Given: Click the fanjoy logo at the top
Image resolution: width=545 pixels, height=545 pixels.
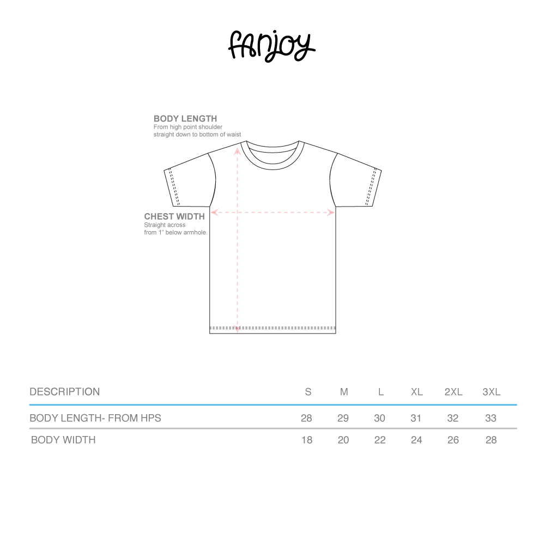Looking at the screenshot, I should (271, 46).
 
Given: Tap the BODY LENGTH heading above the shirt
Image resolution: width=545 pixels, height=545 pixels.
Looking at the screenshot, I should (185, 119).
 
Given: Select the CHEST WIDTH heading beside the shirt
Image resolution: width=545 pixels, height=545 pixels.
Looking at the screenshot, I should (174, 216).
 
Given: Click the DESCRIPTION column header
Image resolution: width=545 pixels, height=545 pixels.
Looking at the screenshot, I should (64, 392).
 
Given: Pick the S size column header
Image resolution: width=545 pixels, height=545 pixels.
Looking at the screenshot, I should (308, 392).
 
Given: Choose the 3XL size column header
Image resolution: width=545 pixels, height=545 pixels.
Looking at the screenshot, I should (491, 392).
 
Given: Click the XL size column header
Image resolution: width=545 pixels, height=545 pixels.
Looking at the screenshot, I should (416, 392).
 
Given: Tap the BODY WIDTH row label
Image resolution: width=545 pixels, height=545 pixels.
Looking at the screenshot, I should (63, 440).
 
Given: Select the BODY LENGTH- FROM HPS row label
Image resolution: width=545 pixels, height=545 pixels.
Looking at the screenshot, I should (95, 419).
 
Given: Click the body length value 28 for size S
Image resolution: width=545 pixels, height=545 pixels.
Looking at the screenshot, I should (306, 419).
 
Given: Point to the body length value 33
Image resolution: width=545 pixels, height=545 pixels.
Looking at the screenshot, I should (491, 419).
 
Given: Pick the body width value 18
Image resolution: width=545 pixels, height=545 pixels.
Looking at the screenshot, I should (307, 440).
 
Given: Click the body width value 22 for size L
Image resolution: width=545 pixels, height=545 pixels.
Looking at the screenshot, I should (380, 440).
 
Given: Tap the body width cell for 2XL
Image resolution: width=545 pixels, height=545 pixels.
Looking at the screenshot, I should (453, 440).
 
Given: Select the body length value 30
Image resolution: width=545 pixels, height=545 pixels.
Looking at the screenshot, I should (380, 419).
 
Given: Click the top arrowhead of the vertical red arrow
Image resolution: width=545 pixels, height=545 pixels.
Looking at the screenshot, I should (238, 150).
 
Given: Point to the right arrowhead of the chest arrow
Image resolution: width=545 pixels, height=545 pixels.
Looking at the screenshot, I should (331, 213).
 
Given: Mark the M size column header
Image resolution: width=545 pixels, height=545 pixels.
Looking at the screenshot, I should (344, 392).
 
